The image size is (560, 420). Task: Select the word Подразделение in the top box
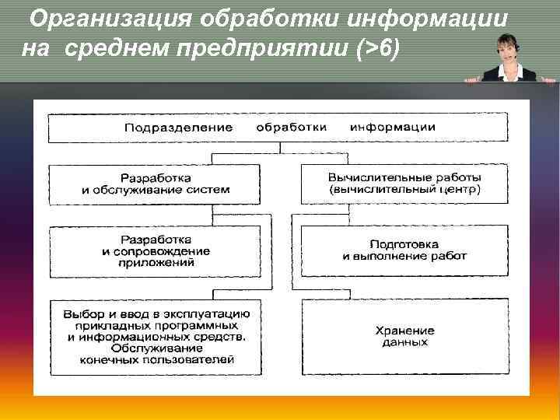[x=179, y=128]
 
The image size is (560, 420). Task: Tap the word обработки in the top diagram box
[x=291, y=128]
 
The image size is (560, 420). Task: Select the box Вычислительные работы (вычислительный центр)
[x=404, y=184]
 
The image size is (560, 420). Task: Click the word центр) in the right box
[x=464, y=189]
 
